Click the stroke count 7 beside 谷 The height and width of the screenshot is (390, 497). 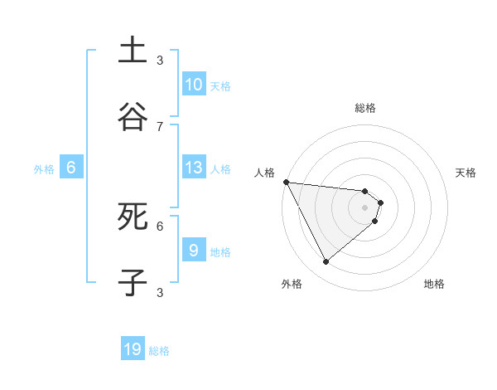pyautogui.click(x=160, y=126)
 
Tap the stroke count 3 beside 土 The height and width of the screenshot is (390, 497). pyautogui.click(x=160, y=60)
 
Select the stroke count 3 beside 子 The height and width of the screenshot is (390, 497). pyautogui.click(x=160, y=292)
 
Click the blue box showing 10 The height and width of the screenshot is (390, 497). pyautogui.click(x=193, y=85)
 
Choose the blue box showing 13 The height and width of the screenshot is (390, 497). pyautogui.click(x=193, y=168)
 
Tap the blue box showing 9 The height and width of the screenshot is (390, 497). pyautogui.click(x=193, y=251)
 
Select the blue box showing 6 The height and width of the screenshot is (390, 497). pyautogui.click(x=70, y=168)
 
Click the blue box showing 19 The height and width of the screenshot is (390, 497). pyautogui.click(x=133, y=350)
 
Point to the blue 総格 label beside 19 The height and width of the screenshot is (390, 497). pyautogui.click(x=159, y=351)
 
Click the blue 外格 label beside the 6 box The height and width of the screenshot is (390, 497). pyautogui.click(x=44, y=168)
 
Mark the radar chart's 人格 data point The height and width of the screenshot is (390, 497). pyautogui.click(x=286, y=182)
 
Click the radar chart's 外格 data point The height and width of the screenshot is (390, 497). pyautogui.click(x=326, y=262)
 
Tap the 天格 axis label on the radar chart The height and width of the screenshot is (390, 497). pyautogui.click(x=466, y=173)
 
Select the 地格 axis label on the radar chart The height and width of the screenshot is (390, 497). pyautogui.click(x=434, y=284)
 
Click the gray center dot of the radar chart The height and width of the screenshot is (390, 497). pyautogui.click(x=365, y=207)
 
